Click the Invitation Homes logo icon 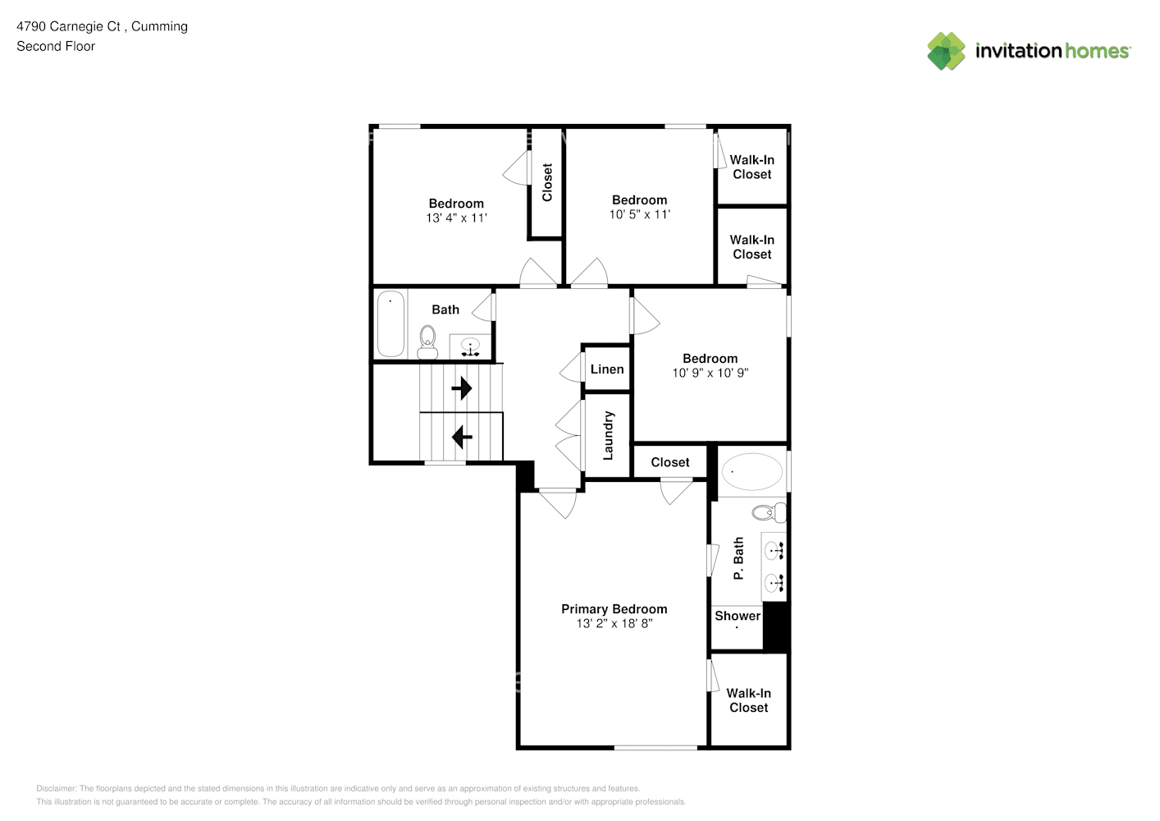pyautogui.click(x=946, y=51)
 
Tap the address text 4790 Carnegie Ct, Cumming pyautogui.click(x=103, y=26)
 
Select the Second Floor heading pyautogui.click(x=56, y=47)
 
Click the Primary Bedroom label pyautogui.click(x=614, y=609)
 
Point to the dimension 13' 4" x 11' pyautogui.click(x=456, y=218)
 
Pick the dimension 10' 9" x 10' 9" pyautogui.click(x=710, y=373)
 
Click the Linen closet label pyautogui.click(x=607, y=369)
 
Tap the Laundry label pyautogui.click(x=608, y=435)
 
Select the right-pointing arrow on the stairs pyautogui.click(x=462, y=388)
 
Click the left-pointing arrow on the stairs pyautogui.click(x=462, y=437)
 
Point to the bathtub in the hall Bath pyautogui.click(x=390, y=323)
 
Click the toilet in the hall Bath pyautogui.click(x=427, y=342)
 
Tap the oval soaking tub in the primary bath pyautogui.click(x=751, y=472)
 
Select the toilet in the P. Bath pyautogui.click(x=768, y=513)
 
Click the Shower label pyautogui.click(x=738, y=616)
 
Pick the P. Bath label pyautogui.click(x=738, y=558)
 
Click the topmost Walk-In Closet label pyautogui.click(x=751, y=167)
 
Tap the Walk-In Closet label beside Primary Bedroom pyautogui.click(x=748, y=700)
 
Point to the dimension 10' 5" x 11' pyautogui.click(x=639, y=215)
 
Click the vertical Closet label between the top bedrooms pyautogui.click(x=547, y=182)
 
